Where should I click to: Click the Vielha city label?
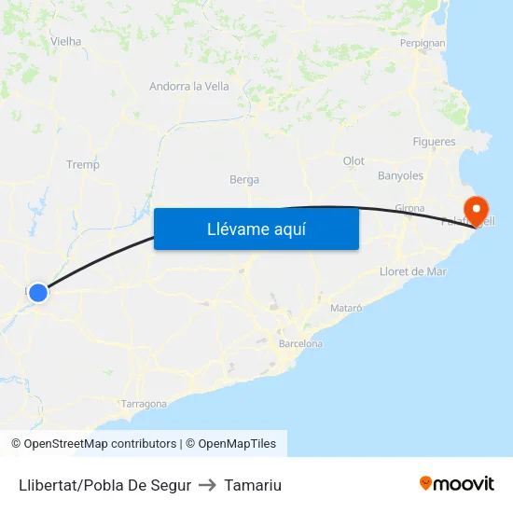pos(66,41)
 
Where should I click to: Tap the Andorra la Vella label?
pos(189,87)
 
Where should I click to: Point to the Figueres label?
pos(434,142)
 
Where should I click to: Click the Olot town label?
pos(354,161)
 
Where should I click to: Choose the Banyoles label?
pos(400,175)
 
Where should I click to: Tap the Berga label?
pos(244,180)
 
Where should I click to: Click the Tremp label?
pos(83,165)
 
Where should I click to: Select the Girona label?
pos(409,208)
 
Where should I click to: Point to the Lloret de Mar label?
pos(413,271)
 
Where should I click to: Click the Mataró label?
pos(346,307)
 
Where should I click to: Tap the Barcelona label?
pos(300,344)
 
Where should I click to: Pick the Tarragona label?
pos(144,404)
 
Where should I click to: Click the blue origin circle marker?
pos(38,293)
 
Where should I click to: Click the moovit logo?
pos(457,484)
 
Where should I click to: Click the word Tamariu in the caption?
pos(253,485)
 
